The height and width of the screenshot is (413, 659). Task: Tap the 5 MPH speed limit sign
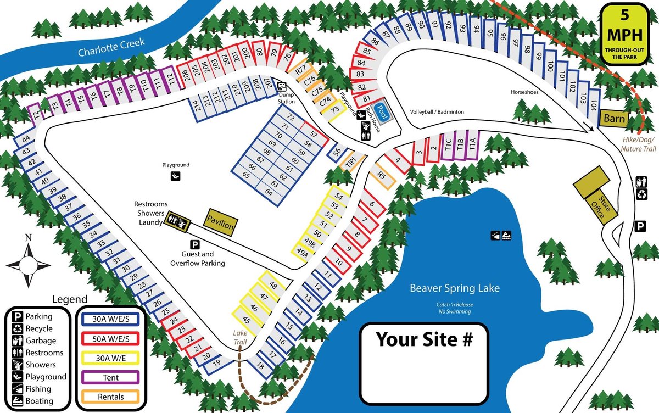[x=624, y=35]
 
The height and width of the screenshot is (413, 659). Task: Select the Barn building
[x=614, y=118]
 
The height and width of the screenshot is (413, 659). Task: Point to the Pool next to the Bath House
[x=383, y=113]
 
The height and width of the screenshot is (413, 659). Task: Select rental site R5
[x=383, y=176]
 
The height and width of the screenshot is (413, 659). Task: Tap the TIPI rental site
[x=350, y=162]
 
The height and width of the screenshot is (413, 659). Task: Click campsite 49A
[x=301, y=252]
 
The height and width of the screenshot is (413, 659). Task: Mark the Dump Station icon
[x=282, y=87]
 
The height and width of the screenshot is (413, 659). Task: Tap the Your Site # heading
[x=425, y=339]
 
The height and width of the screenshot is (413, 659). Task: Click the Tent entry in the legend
[x=111, y=377]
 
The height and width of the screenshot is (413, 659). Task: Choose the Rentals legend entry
[x=111, y=397]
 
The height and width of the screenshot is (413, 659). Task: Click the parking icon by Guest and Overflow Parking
[x=194, y=244]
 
